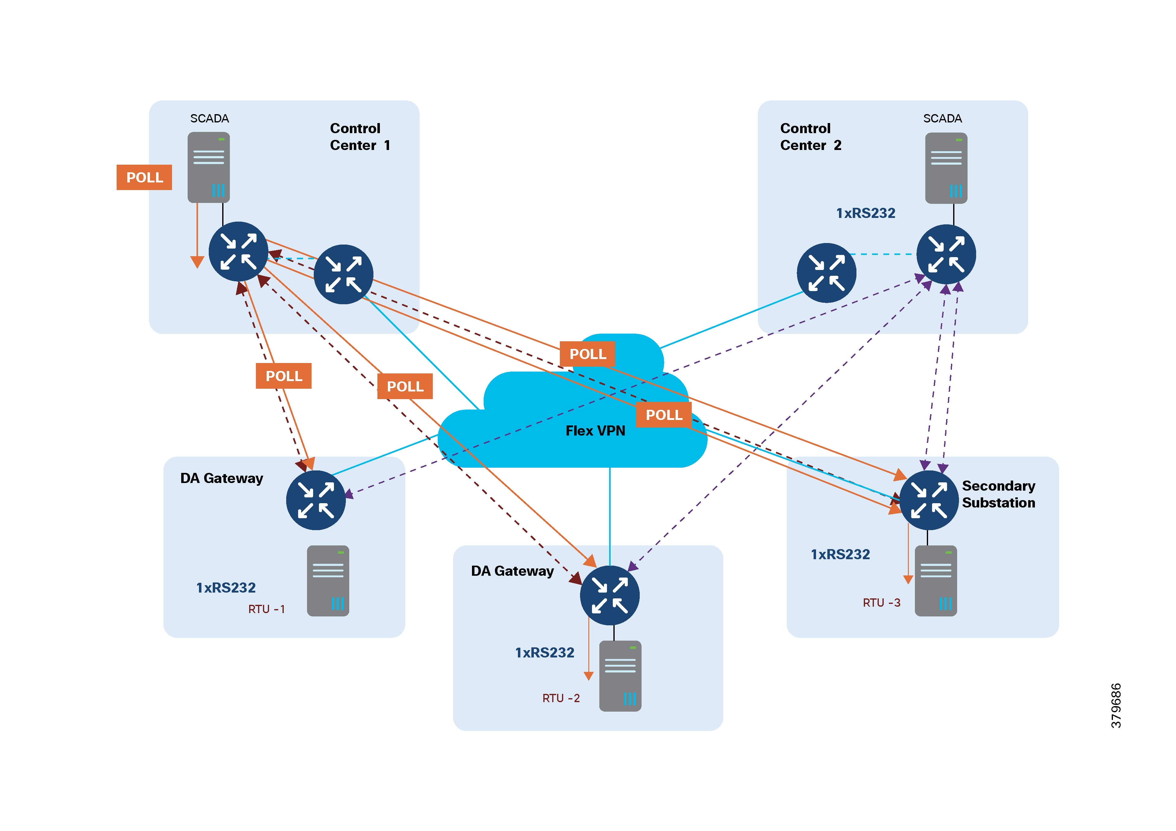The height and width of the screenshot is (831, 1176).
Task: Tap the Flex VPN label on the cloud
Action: [595, 431]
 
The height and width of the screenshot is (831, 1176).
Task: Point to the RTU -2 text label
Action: [561, 698]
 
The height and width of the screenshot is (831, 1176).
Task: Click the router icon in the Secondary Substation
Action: [929, 500]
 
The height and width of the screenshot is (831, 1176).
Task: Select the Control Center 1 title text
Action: [359, 137]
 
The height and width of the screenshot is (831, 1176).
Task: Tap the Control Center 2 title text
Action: [810, 137]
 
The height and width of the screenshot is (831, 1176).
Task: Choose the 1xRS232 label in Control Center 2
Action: [866, 213]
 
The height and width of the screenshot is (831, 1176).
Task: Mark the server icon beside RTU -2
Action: [620, 676]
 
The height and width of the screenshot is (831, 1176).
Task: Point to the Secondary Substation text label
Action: [998, 494]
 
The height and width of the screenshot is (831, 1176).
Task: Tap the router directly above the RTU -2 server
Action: [609, 595]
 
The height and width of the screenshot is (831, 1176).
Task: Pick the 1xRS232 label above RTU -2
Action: [545, 653]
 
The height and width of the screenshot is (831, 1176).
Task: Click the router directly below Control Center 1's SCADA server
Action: [238, 252]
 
